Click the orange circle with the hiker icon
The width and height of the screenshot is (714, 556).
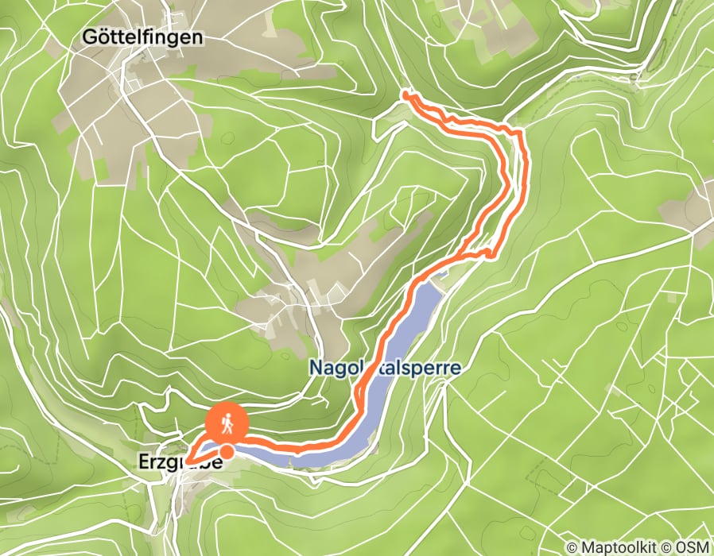227,425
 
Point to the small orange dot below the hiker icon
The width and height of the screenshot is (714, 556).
227,452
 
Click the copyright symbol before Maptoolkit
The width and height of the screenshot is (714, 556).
572,547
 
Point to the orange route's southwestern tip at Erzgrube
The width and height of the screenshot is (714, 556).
189,458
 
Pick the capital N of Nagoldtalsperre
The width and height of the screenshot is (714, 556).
314,367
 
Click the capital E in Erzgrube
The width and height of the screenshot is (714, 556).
143,461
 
